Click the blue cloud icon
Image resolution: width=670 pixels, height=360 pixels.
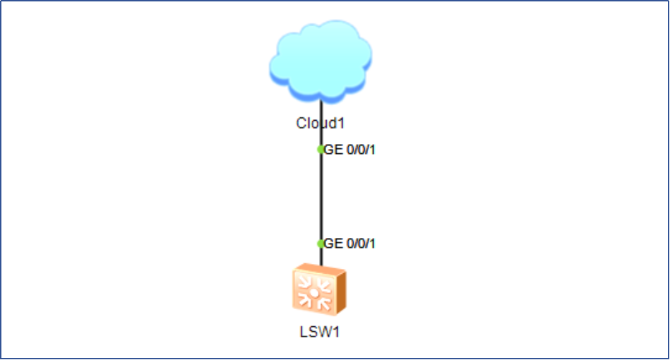[321, 62]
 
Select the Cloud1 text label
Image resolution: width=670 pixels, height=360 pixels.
[321, 123]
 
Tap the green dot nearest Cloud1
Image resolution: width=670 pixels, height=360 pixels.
[321, 149]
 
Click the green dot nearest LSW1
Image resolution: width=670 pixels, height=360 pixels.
[321, 244]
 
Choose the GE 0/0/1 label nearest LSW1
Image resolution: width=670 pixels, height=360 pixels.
[349, 244]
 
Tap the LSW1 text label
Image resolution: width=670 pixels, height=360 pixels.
[320, 332]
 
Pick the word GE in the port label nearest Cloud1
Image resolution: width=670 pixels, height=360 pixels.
[333, 150]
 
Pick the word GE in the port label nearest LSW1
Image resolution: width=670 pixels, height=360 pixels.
[333, 244]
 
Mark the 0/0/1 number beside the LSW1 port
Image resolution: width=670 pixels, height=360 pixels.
[360, 244]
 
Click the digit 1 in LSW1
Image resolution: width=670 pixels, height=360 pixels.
[336, 332]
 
